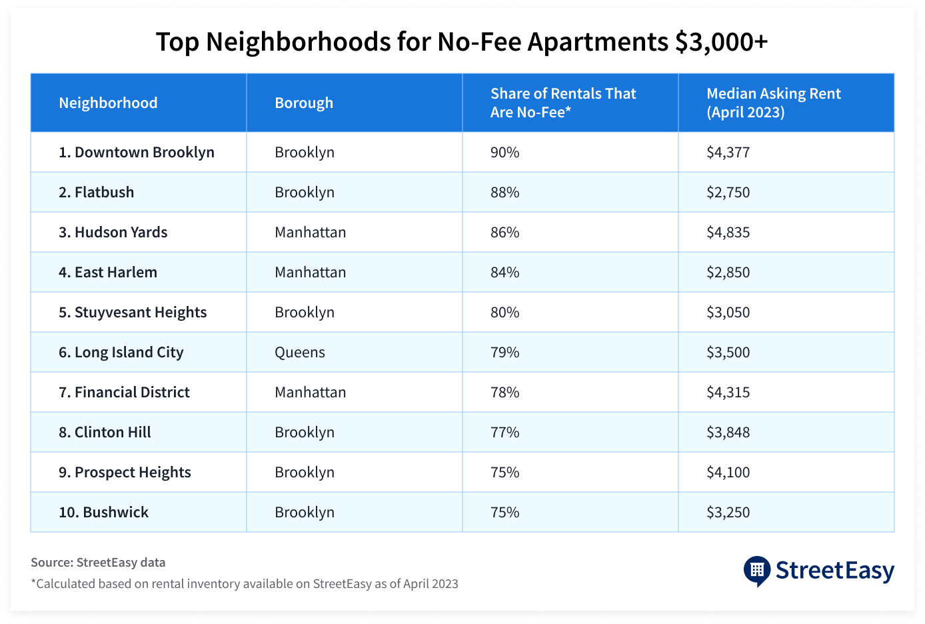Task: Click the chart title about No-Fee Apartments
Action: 462,42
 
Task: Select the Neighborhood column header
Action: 108,103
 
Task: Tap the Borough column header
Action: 304,103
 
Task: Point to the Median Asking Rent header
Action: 773,103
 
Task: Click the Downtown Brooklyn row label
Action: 137,153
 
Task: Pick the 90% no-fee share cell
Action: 504,153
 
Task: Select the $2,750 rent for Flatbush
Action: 728,193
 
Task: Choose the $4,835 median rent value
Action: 728,233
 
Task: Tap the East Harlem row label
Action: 108,273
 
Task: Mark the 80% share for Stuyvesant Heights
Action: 504,313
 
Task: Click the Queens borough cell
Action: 300,353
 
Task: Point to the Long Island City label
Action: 121,353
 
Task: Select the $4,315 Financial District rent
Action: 728,393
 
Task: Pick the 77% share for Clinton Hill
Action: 504,433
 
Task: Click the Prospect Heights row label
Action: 125,473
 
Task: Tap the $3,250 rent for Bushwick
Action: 728,513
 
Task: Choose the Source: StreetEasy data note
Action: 98,563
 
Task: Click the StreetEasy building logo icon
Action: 756,571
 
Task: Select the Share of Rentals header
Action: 563,103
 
